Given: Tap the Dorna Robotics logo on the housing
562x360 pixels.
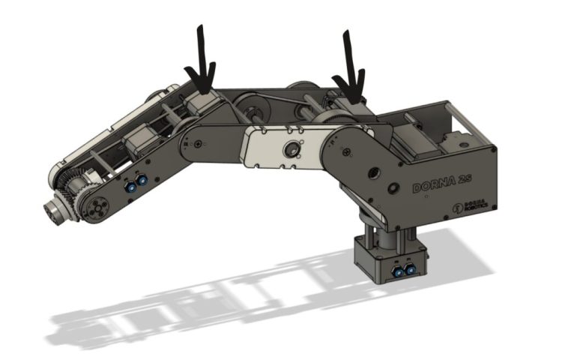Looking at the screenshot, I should (x=472, y=204).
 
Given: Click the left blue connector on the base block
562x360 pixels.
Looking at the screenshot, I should (x=397, y=268).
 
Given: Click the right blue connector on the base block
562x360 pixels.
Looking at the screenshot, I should (x=410, y=268).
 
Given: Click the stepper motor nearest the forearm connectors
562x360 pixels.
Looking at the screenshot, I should (x=139, y=142).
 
